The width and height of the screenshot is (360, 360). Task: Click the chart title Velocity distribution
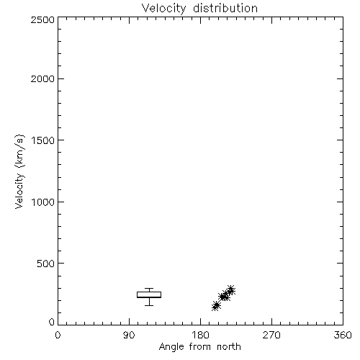(199, 9)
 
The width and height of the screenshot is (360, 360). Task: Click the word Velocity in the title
(163, 9)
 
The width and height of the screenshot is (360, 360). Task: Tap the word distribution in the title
(225, 8)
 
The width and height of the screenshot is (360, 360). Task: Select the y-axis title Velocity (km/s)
(19, 172)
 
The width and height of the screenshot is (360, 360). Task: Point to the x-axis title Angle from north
(200, 347)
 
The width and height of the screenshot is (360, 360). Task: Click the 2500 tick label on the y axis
(42, 20)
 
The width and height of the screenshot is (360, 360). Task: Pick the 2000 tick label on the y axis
(42, 79)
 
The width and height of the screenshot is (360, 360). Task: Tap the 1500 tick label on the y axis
(43, 140)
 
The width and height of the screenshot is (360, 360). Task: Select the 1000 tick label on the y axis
(43, 202)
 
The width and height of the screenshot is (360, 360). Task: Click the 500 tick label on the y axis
(45, 264)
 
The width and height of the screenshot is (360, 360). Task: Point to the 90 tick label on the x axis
(129, 335)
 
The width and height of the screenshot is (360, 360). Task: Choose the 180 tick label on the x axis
(200, 335)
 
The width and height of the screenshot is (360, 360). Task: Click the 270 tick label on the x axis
(271, 335)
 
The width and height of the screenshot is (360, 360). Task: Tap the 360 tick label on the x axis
(343, 335)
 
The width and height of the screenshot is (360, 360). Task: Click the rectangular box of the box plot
(149, 292)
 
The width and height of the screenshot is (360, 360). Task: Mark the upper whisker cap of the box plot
(149, 288)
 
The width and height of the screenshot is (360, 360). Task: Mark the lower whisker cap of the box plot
(149, 305)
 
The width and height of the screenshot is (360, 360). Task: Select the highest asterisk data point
(231, 289)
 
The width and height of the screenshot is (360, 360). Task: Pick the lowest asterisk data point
(215, 307)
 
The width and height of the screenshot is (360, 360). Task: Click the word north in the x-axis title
(229, 346)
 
